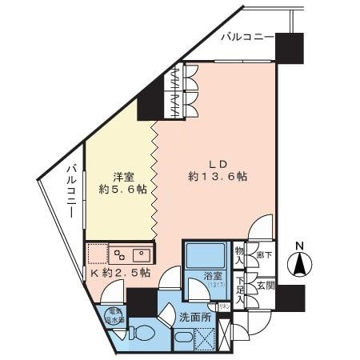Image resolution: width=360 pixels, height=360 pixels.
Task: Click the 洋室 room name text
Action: click(122, 175)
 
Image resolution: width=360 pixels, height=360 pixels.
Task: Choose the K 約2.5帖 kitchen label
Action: click(120, 273)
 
